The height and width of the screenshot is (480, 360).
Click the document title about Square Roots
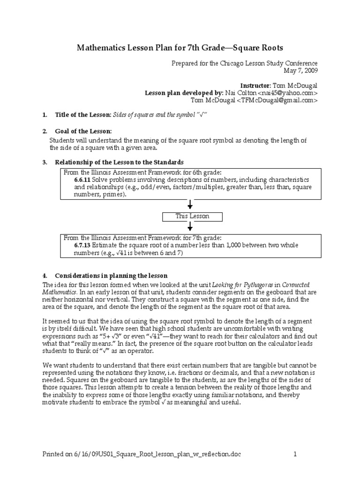[x=180, y=48]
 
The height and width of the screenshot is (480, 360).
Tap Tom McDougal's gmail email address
[x=277, y=100]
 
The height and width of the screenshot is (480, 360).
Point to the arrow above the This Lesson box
[x=190, y=205]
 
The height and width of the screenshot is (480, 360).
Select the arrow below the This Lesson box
[x=190, y=227]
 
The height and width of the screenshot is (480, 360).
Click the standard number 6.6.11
[x=82, y=180]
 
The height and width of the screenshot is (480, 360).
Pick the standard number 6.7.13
[x=82, y=245]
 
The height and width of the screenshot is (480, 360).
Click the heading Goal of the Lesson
[x=84, y=131]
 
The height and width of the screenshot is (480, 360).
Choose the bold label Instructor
[x=255, y=86]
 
